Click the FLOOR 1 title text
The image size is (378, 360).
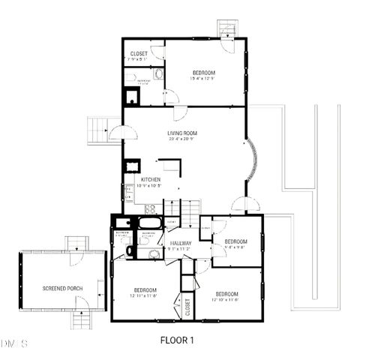pos(177,340)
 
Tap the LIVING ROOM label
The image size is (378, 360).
pos(181,133)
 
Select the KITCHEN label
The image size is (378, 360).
pos(151,180)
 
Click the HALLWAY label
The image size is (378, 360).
pos(180,244)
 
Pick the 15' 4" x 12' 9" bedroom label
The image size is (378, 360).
pos(202,73)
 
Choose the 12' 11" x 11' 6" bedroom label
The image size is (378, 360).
pos(145,290)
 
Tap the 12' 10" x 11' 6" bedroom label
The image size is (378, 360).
pos(226,294)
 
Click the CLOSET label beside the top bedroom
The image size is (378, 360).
pos(139,54)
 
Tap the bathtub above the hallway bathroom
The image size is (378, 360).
pos(148,223)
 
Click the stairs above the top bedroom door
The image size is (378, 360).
pos(227,28)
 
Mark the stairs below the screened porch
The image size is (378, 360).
pos(82,321)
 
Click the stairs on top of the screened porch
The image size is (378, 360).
pos(76,244)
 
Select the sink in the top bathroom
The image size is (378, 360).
pos(158,74)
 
